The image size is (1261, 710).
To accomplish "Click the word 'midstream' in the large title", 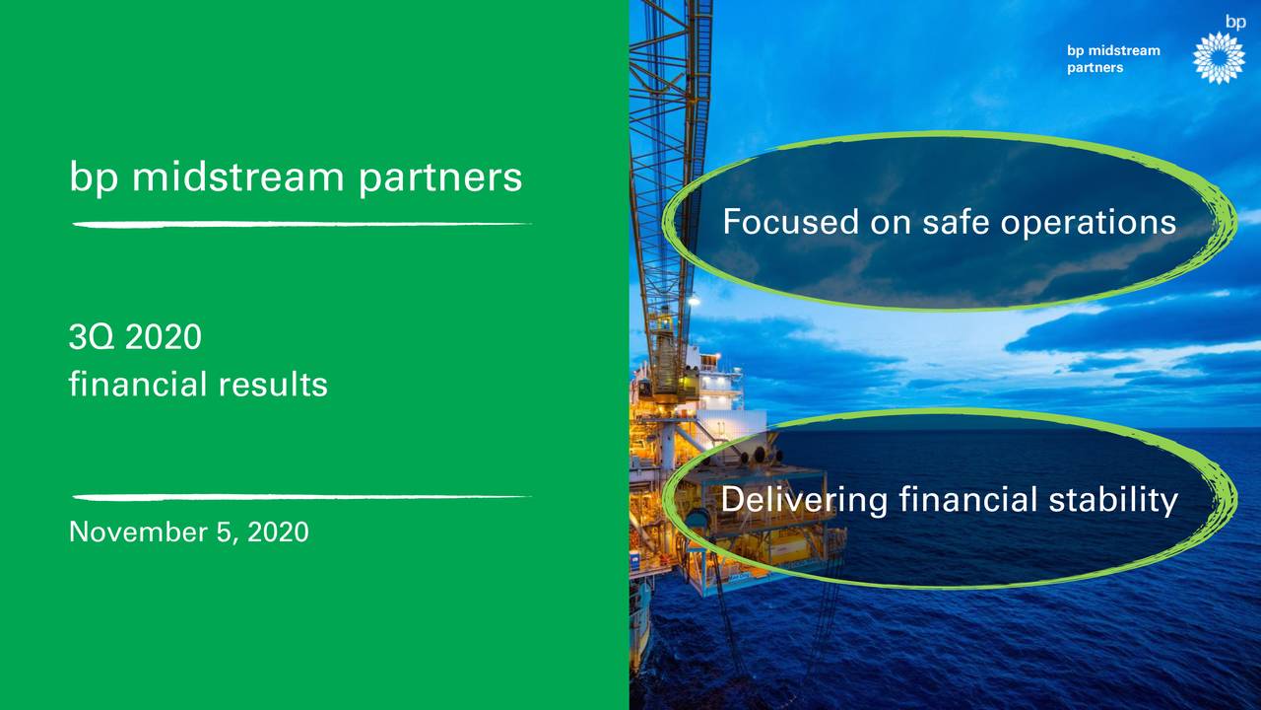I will [235, 177].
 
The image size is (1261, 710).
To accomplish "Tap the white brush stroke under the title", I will [300, 225].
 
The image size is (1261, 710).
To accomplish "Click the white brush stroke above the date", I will [300, 496].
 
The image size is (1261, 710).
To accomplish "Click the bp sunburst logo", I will [1218, 58].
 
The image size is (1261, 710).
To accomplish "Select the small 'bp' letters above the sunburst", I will [1235, 21].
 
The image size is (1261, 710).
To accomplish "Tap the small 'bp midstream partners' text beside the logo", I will [1113, 59].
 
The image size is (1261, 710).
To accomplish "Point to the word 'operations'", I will [1089, 223].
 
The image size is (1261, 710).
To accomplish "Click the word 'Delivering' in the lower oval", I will [804, 501].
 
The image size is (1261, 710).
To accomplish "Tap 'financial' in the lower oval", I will [964, 501].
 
